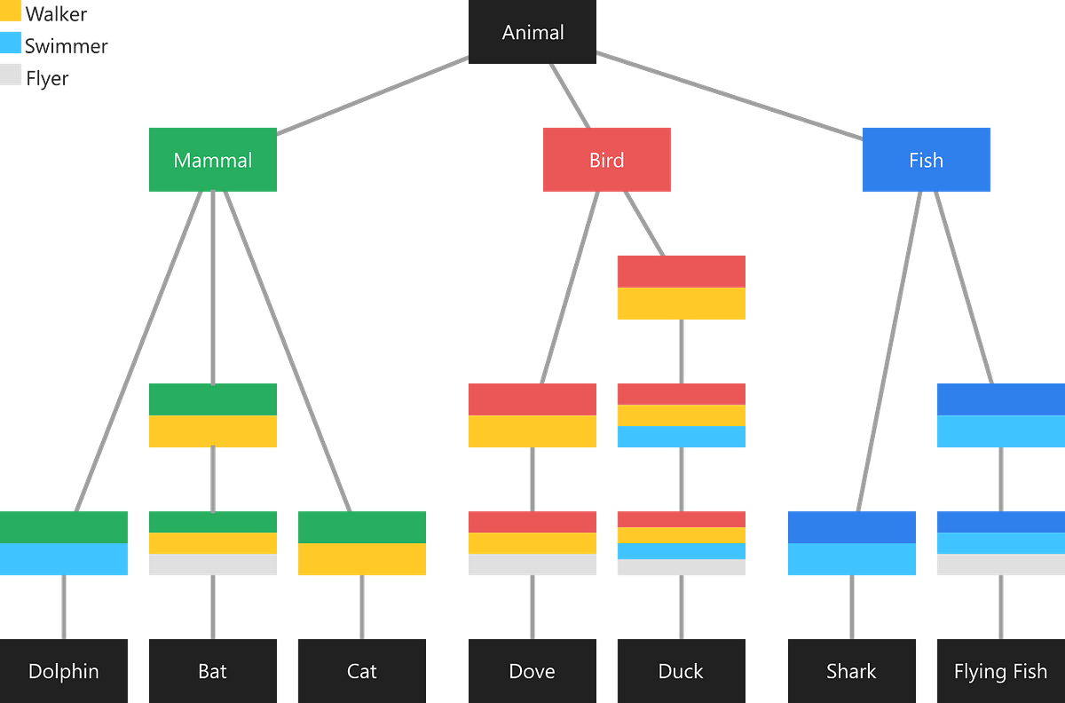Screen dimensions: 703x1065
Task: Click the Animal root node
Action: click(532, 33)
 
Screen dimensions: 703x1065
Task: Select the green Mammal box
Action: click(213, 160)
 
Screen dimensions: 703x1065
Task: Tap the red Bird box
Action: click(607, 160)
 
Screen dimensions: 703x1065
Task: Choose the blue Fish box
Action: click(926, 160)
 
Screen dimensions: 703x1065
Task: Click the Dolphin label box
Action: click(64, 670)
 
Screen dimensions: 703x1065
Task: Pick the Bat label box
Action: click(213, 670)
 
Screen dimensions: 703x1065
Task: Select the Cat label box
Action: click(361, 670)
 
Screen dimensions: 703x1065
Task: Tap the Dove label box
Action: click(532, 670)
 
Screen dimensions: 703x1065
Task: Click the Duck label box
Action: click(681, 670)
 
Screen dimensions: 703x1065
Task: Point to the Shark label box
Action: click(851, 670)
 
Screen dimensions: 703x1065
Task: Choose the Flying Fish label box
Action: click(1000, 670)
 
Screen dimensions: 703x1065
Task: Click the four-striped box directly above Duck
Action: click(681, 543)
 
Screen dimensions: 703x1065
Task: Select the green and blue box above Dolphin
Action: click(64, 543)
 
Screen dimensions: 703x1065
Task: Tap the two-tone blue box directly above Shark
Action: click(851, 543)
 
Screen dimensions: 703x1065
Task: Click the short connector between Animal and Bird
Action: click(570, 95)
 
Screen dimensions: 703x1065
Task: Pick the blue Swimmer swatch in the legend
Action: click(12, 44)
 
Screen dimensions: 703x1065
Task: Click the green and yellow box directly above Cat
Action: click(361, 543)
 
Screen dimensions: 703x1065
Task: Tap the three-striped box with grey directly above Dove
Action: click(532, 543)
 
